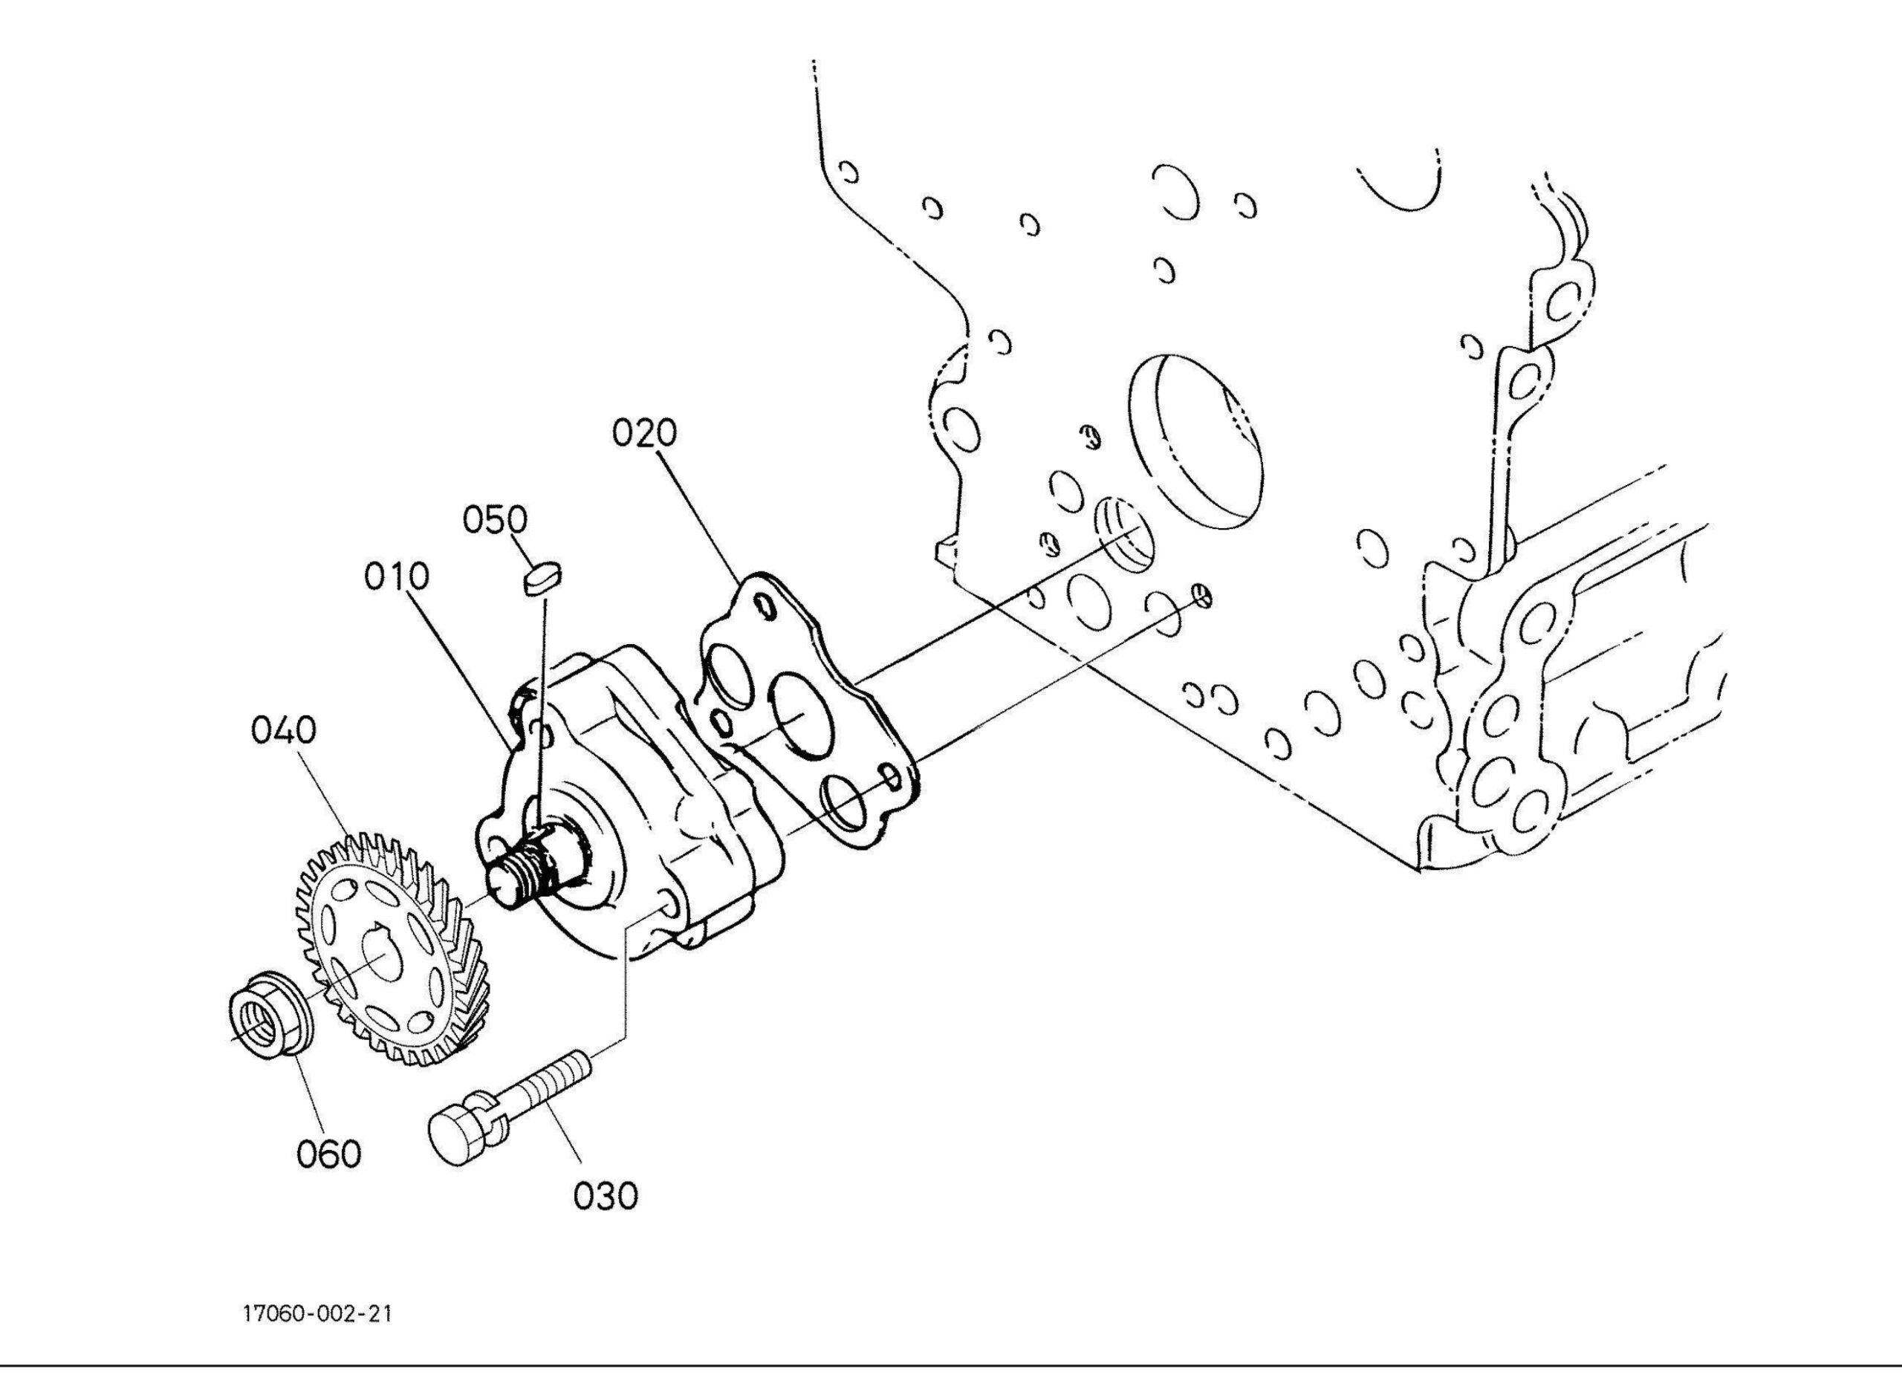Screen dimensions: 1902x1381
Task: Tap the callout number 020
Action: click(644, 434)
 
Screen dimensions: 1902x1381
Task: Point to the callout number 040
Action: click(284, 730)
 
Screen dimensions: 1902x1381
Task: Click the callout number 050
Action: click(496, 520)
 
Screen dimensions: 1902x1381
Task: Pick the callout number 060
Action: click(328, 1154)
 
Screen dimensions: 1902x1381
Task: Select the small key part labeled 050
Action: click(542, 579)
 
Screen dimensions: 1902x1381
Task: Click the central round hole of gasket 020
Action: click(800, 709)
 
